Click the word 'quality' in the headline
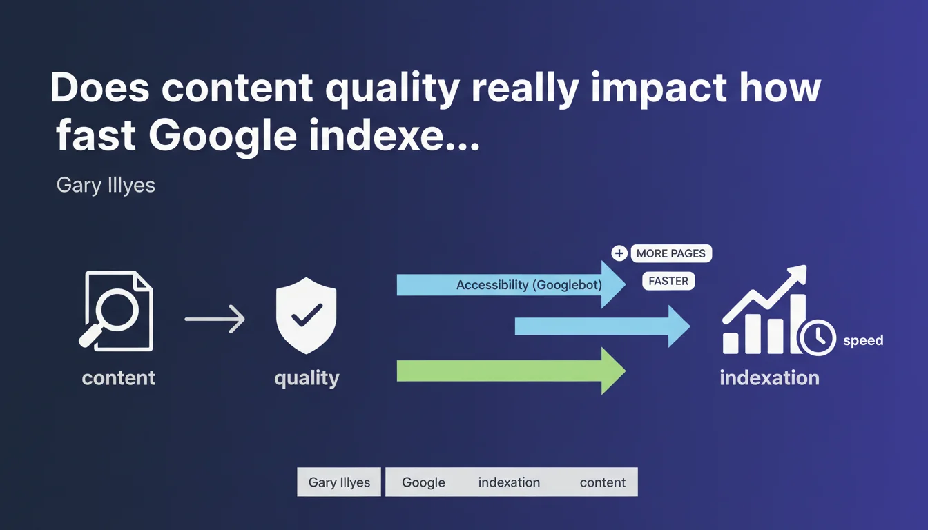[x=393, y=90]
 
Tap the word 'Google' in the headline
[x=222, y=137]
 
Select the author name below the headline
[x=106, y=186]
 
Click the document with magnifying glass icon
[x=117, y=311]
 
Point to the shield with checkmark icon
[x=306, y=315]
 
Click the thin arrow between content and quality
[x=215, y=319]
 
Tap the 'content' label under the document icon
[x=119, y=377]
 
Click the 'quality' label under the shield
[x=307, y=378]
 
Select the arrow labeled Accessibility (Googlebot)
[x=511, y=285]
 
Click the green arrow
[x=511, y=371]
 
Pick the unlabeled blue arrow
[x=602, y=326]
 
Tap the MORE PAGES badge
[x=671, y=253]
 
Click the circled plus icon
[x=619, y=253]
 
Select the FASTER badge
[x=668, y=281]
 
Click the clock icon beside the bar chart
[x=818, y=337]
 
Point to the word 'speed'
[x=863, y=340]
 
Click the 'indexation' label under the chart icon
[x=770, y=377]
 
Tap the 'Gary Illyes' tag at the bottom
[x=339, y=482]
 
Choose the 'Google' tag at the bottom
[x=423, y=482]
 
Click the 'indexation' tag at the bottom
[x=509, y=482]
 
